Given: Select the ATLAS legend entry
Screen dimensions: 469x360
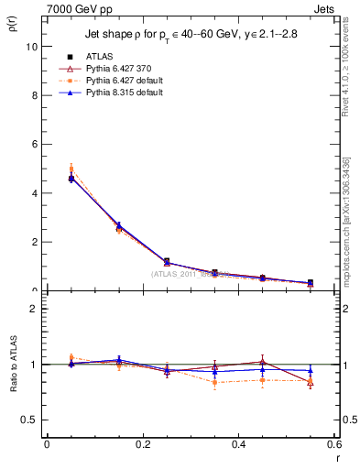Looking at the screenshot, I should [97, 56].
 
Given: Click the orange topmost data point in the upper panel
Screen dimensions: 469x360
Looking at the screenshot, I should [71, 169].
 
